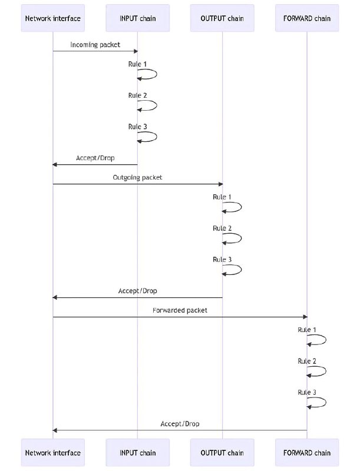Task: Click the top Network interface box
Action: click(x=53, y=18)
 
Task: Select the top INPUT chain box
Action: click(x=138, y=18)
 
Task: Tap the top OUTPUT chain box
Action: click(x=222, y=18)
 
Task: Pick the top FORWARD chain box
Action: click(x=307, y=18)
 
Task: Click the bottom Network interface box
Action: click(x=53, y=453)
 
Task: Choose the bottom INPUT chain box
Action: click(x=138, y=453)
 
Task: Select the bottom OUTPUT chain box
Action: click(x=222, y=453)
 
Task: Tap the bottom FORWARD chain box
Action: click(x=307, y=453)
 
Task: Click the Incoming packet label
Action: click(x=95, y=45)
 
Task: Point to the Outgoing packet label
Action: click(x=138, y=178)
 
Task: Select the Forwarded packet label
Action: click(x=180, y=310)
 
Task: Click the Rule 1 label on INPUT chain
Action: click(x=138, y=64)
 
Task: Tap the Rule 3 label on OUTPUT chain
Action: click(x=222, y=260)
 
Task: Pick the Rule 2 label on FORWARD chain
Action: click(x=307, y=361)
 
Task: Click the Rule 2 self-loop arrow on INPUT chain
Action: click(x=157, y=106)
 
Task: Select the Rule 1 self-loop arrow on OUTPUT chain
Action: click(x=242, y=207)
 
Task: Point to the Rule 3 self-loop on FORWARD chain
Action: click(x=326, y=403)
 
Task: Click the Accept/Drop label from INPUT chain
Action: click(x=95, y=158)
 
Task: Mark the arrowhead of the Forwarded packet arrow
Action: click(x=305, y=317)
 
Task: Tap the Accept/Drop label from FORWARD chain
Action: click(x=180, y=424)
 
